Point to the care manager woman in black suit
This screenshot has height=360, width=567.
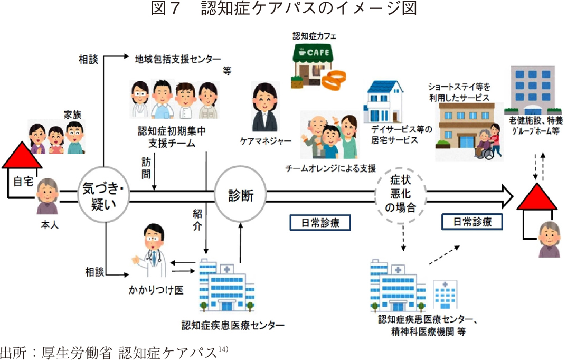[x=263, y=108]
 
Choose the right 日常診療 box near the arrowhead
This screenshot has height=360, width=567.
[x=472, y=222]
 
